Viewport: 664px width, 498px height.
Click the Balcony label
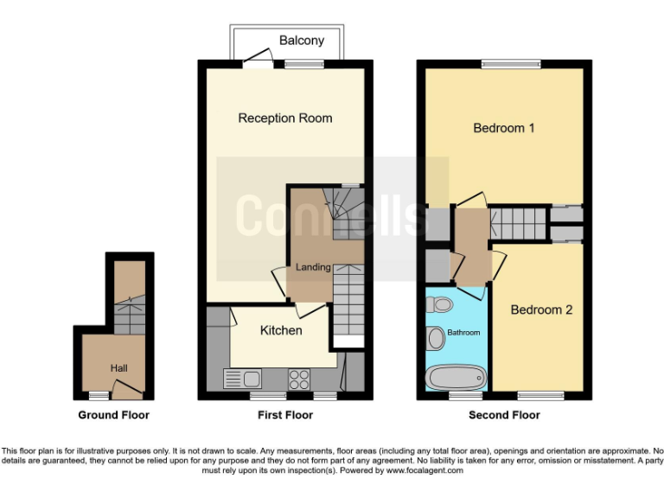coord(302,41)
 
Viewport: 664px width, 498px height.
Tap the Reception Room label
coord(284,118)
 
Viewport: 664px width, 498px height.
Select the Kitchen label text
coord(281,330)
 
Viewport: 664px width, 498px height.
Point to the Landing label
coord(313,267)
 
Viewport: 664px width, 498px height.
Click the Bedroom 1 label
coord(504,128)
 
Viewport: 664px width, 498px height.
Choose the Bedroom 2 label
coord(541,310)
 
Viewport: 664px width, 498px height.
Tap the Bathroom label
coord(463,332)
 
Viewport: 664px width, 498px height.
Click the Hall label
coord(118,368)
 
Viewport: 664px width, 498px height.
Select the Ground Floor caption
coord(114,415)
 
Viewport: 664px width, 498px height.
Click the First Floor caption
coord(285,415)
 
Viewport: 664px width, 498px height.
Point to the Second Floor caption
coord(504,415)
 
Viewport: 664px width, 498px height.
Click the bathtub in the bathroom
coord(456,378)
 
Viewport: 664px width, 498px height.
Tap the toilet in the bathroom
coord(440,304)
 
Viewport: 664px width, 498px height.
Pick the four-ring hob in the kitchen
coord(299,378)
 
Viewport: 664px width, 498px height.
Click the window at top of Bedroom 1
coord(511,62)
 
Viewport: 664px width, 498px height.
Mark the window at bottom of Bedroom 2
coord(540,396)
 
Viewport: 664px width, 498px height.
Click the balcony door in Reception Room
coord(254,59)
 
